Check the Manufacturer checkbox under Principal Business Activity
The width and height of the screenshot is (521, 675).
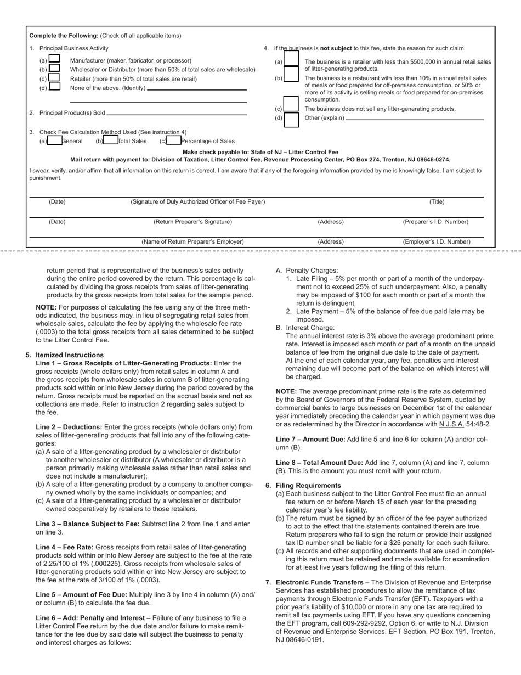[x=54, y=59]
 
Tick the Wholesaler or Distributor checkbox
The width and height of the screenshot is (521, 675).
[x=54, y=69]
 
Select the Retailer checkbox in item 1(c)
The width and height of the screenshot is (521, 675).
[x=54, y=78]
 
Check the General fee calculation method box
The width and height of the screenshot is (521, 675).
[x=54, y=140]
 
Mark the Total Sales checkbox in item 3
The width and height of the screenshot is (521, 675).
[x=111, y=140]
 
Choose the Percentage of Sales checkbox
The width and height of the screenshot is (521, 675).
[x=174, y=140]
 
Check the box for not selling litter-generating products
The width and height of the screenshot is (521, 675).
[x=291, y=109]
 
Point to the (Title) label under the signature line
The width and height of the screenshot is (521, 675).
[x=437, y=202]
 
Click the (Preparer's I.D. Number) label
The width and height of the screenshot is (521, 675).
[x=435, y=222]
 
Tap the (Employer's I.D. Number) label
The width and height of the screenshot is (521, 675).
[x=437, y=241]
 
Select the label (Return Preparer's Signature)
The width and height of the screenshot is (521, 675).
[x=192, y=222]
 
